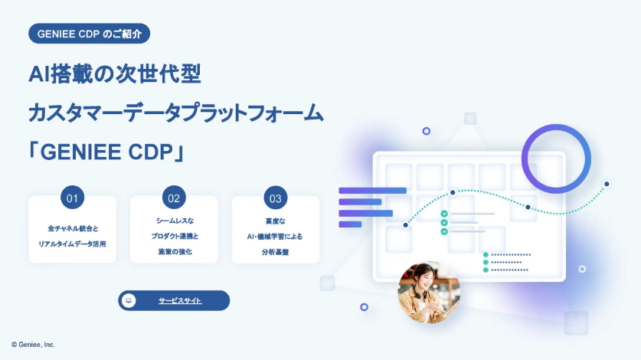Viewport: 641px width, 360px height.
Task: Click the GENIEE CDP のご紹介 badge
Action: pos(89,34)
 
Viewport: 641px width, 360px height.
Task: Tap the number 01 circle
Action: pos(73,198)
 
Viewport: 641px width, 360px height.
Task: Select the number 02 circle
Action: pos(174,198)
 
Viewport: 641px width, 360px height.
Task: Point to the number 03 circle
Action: pos(276,198)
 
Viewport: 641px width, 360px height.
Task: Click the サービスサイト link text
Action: pos(181,301)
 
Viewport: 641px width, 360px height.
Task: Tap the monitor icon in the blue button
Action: pos(129,301)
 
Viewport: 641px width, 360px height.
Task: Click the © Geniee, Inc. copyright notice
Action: pos(34,345)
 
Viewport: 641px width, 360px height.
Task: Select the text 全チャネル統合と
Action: pos(73,228)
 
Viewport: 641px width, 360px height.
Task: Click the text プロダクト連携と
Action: pos(174,236)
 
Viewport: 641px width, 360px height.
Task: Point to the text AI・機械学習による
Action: pos(276,236)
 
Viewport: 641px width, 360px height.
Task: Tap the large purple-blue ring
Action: pos(556,158)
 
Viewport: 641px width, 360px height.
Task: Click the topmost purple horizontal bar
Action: pos(372,191)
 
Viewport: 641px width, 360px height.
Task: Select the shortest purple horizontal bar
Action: pos(350,224)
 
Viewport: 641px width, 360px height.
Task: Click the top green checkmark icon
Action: pos(444,214)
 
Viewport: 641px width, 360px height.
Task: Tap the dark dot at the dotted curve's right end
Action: pos(607,184)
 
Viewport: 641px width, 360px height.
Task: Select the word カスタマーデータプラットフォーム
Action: pos(176,113)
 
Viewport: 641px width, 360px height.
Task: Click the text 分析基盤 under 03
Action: pos(276,251)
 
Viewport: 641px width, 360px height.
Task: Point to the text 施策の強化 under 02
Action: pos(174,251)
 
